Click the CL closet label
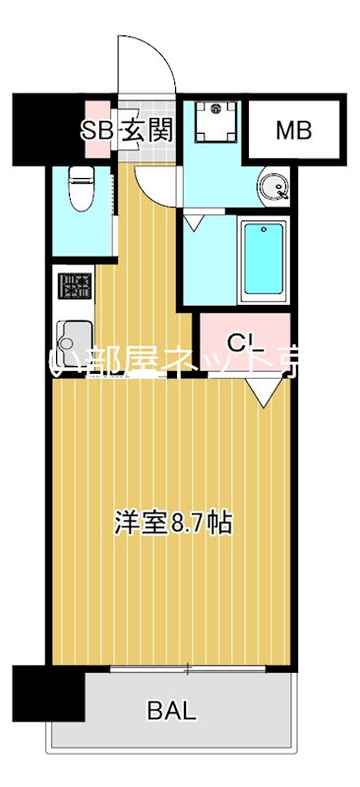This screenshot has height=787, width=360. click(x=242, y=342)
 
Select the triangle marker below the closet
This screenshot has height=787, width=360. click(x=262, y=391)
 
